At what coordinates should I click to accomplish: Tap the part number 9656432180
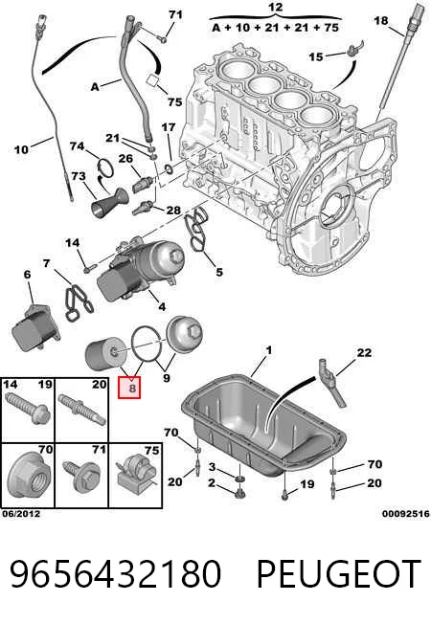116,573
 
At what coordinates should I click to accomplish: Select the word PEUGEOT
339,573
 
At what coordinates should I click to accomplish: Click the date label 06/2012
21,514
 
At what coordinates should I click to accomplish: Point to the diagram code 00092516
406,514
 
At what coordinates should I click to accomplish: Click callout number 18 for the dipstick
381,20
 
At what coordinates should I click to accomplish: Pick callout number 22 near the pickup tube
364,352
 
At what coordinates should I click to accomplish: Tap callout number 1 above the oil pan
269,350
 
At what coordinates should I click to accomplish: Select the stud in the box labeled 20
81,409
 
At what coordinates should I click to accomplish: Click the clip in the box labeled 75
136,474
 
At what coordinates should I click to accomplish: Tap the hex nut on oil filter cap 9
194,330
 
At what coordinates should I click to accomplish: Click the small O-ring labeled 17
169,170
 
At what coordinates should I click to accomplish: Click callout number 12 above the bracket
275,7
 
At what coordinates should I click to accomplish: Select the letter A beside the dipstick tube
95,86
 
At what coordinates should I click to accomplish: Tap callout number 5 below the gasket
219,272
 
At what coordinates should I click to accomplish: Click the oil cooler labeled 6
35,327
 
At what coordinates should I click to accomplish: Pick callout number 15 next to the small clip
316,56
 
